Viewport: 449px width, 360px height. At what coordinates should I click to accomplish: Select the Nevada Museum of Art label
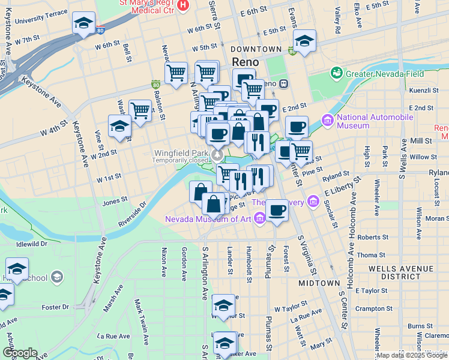208,219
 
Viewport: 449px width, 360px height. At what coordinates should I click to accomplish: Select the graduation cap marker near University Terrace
83,24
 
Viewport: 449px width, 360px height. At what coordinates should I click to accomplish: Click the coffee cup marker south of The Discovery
277,211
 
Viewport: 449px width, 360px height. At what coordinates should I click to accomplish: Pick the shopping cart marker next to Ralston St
176,74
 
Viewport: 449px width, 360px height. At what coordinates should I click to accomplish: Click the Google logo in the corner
20,353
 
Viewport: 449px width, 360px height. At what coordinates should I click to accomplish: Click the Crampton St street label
373,308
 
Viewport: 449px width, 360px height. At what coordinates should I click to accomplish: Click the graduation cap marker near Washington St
119,127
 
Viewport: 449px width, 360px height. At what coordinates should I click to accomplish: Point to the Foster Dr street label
55,307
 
